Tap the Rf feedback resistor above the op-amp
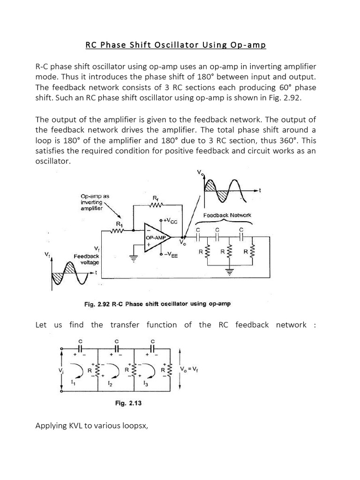point(156,205)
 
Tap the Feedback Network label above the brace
point(227,215)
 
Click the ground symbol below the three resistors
point(230,271)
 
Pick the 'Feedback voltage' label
point(86,259)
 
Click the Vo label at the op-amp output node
point(182,244)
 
